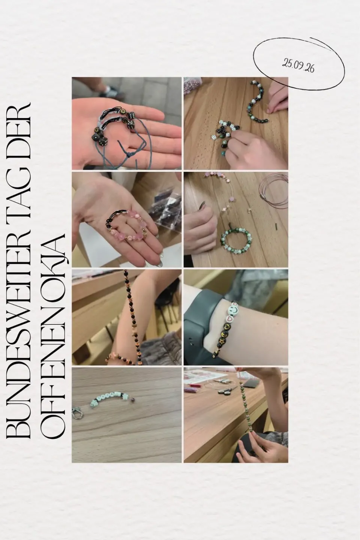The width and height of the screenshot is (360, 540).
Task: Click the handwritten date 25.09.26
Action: [x=298, y=66]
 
